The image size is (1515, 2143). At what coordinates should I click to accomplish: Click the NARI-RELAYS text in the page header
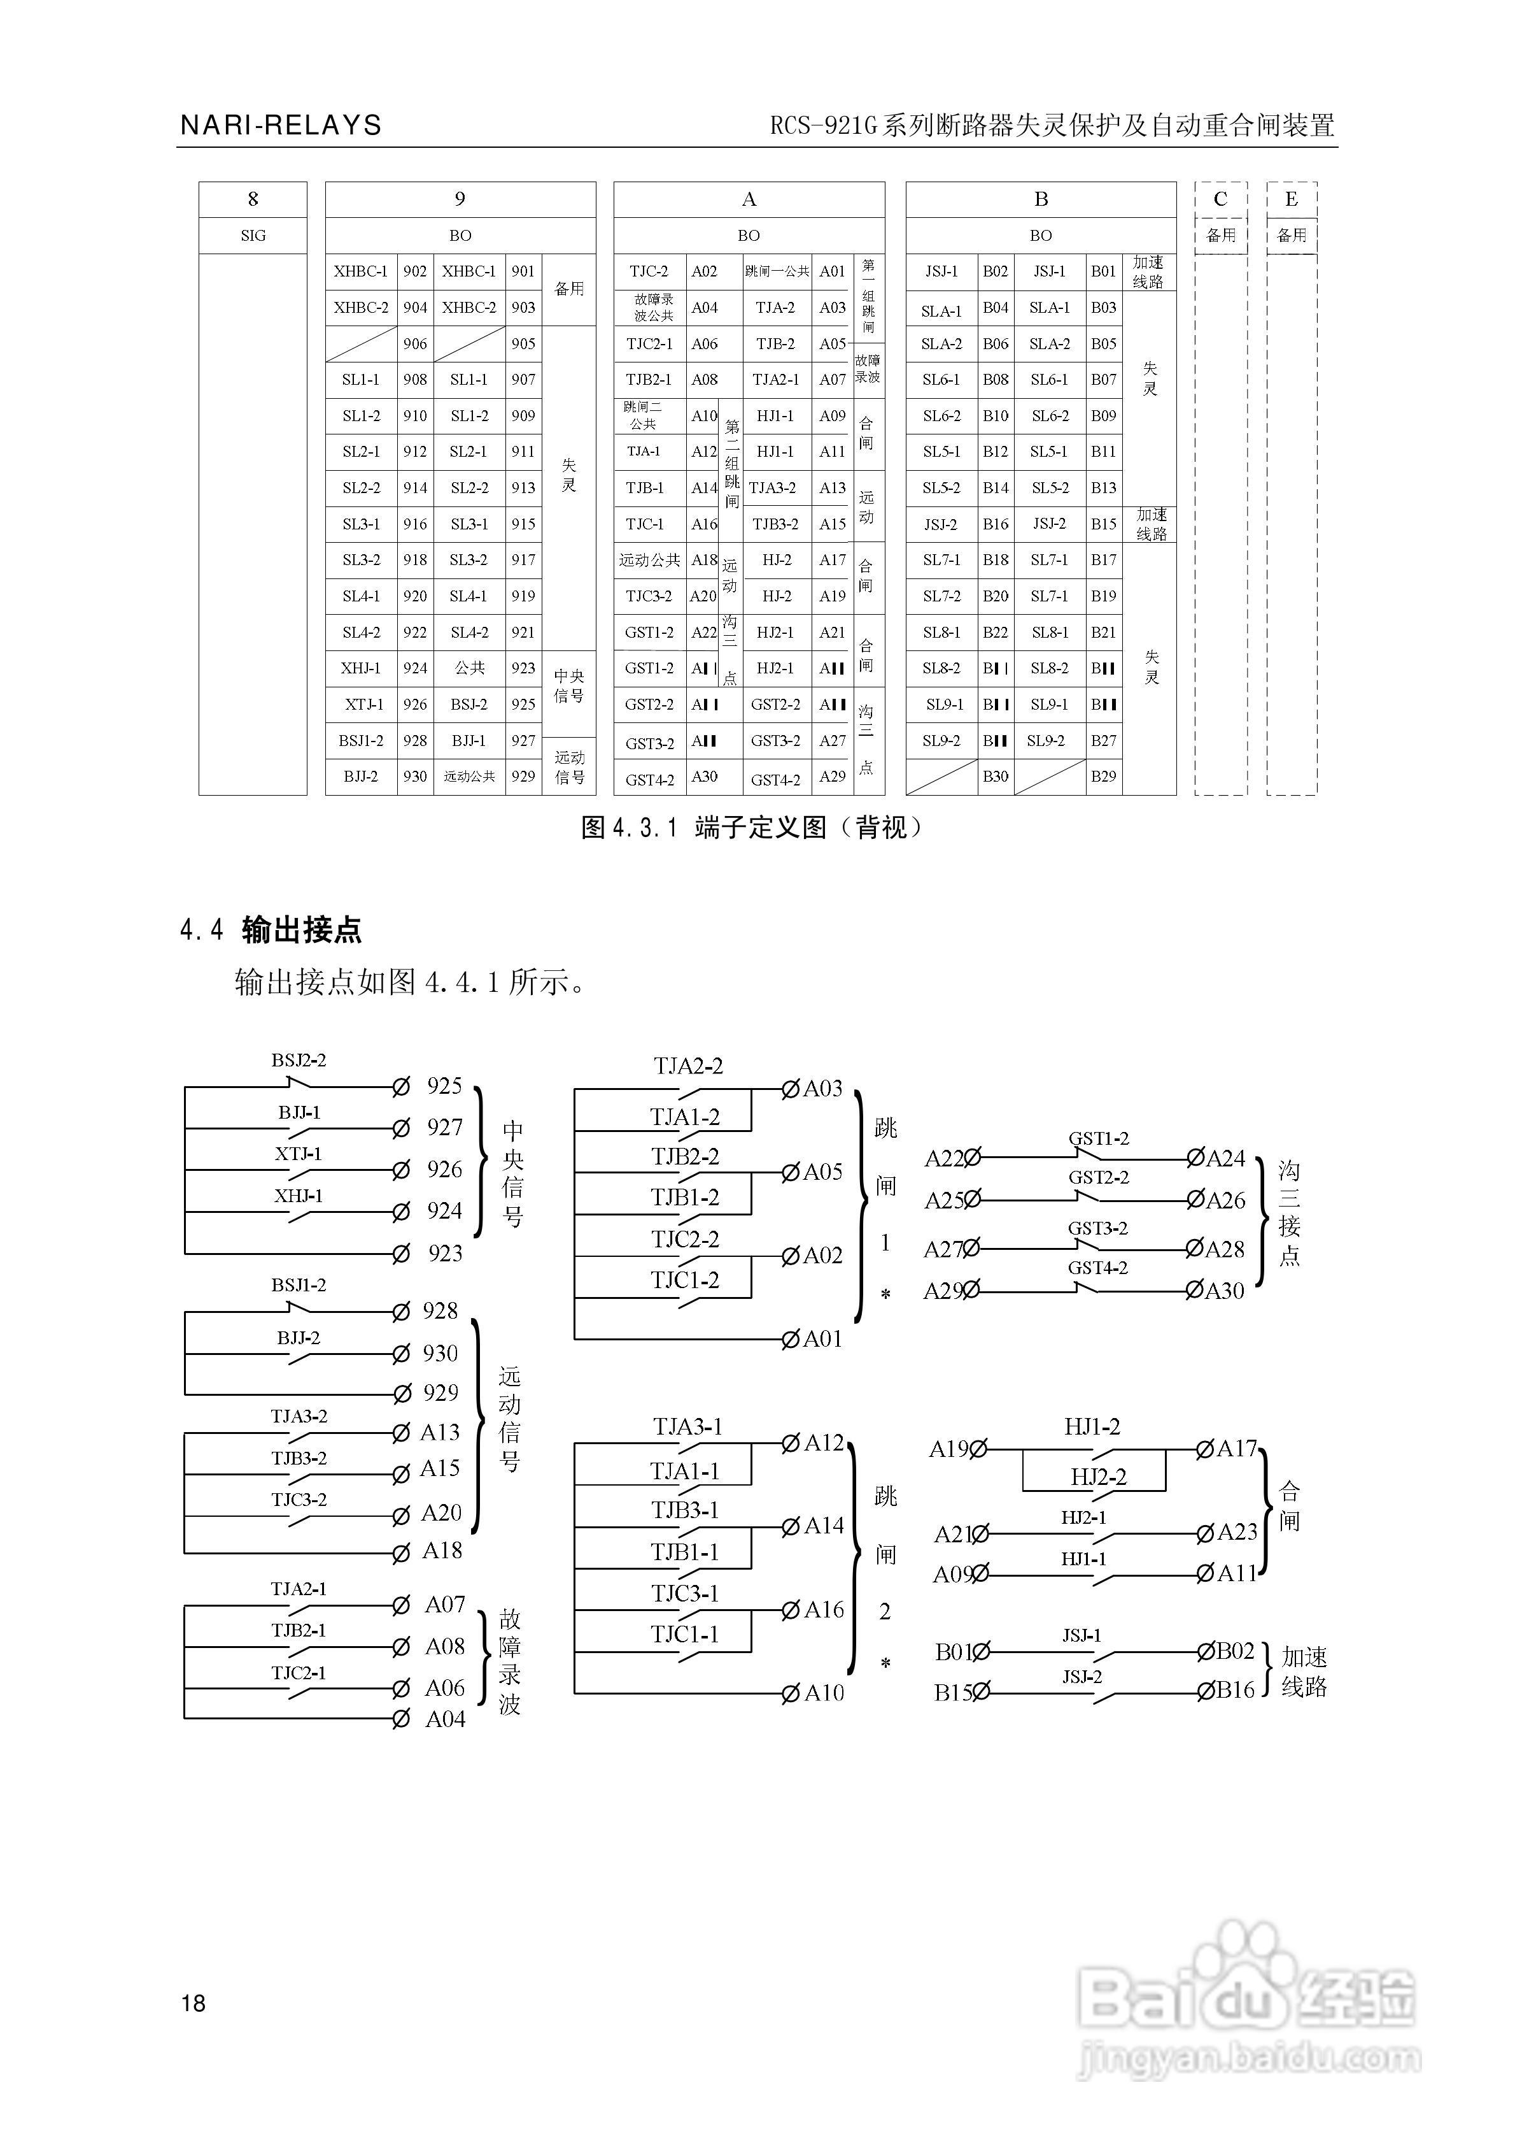[x=281, y=125]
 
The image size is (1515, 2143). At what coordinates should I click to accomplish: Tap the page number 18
[x=193, y=2002]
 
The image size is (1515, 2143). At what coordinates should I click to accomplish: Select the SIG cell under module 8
[x=253, y=235]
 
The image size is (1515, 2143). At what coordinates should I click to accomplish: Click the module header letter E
[x=1291, y=199]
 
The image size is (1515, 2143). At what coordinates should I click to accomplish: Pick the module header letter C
[x=1220, y=199]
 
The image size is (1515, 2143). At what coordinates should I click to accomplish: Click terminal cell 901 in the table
[x=523, y=271]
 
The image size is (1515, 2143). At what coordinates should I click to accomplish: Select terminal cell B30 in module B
[x=996, y=777]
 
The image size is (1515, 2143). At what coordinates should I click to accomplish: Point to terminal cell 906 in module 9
[x=415, y=343]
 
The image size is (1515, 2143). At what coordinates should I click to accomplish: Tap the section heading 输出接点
[x=301, y=929]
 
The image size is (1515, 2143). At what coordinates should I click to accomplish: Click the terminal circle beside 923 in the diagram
[x=401, y=1254]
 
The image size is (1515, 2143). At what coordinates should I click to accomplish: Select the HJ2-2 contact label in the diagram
[x=1098, y=1477]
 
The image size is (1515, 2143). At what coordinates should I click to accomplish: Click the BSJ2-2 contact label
[x=299, y=1060]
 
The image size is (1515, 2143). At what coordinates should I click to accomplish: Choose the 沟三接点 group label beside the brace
[x=1288, y=1214]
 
